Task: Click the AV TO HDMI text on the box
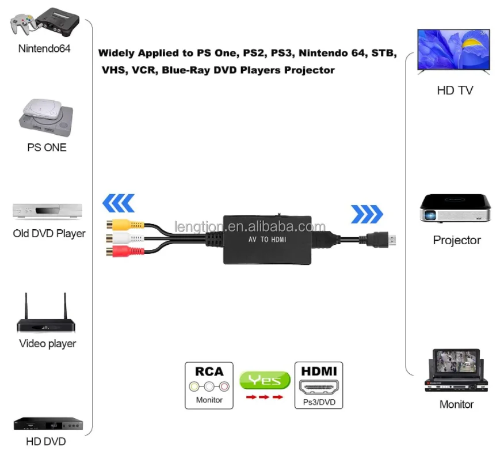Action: (267, 239)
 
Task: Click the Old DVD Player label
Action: (49, 234)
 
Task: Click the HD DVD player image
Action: (48, 424)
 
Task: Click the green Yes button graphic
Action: (265, 380)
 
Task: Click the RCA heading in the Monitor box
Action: (209, 371)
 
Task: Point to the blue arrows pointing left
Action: (119, 203)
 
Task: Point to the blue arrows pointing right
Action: (367, 214)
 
